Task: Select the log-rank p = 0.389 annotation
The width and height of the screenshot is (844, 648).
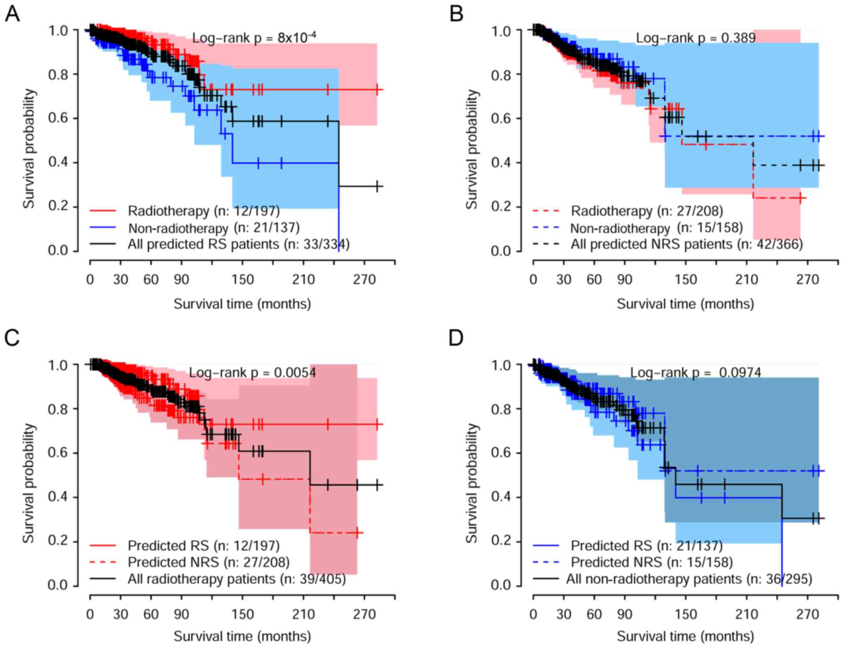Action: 696,38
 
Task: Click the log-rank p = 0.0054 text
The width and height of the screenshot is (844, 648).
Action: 252,372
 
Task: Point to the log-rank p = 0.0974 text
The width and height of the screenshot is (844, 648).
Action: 696,372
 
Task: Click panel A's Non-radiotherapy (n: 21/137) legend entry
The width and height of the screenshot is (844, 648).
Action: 214,228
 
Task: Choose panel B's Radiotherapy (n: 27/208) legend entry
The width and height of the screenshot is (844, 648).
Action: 647,211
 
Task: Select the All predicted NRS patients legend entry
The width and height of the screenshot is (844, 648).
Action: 687,244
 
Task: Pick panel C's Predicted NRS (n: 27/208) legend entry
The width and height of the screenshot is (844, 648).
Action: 209,562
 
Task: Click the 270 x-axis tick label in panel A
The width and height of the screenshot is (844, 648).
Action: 364,280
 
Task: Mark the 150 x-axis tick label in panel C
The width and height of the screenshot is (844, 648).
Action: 243,614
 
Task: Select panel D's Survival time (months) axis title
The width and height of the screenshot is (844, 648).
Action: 685,636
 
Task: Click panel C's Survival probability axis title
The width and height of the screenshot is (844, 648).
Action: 28,483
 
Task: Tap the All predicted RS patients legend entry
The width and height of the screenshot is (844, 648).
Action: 239,244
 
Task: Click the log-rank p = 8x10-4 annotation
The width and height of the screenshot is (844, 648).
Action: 254,38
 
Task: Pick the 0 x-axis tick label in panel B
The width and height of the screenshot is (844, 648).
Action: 533,280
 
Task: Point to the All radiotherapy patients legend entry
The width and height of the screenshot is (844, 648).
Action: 236,579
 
